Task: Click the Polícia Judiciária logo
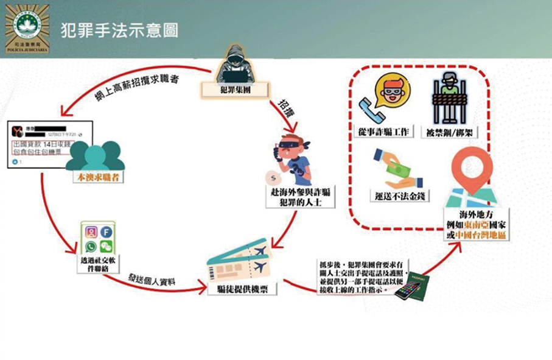(x=27, y=29)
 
